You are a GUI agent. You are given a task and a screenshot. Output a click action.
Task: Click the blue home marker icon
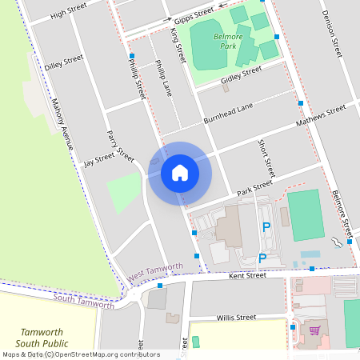(180, 173)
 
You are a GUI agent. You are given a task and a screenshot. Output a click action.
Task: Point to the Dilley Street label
(64, 62)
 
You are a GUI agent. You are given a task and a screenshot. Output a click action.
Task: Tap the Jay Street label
(99, 160)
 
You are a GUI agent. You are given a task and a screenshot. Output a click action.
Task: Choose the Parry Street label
(120, 145)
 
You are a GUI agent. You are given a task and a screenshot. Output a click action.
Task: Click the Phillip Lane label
(163, 78)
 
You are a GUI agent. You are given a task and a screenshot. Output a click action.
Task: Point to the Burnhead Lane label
(228, 112)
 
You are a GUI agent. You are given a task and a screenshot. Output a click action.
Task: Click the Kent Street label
(246, 275)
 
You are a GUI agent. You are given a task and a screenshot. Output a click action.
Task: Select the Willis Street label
(236, 317)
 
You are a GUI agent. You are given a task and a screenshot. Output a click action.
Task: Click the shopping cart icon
(314, 330)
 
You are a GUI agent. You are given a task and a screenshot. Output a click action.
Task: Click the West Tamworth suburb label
(155, 271)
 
